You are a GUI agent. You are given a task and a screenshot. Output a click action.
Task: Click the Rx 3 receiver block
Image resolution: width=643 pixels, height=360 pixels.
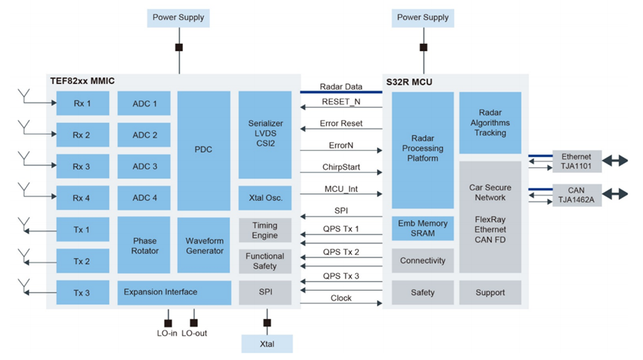pos(83,167)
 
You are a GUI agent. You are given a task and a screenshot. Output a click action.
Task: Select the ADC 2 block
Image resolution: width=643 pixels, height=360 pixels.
pos(144,135)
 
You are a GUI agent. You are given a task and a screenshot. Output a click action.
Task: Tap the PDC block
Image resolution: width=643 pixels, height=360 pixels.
pos(204,151)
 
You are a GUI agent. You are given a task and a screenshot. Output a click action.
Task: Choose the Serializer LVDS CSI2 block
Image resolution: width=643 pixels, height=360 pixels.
pos(265,135)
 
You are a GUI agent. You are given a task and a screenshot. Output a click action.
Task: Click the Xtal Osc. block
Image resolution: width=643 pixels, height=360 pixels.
pos(265,198)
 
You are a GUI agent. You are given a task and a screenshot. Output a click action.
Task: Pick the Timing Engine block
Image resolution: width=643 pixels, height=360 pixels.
pos(265,231)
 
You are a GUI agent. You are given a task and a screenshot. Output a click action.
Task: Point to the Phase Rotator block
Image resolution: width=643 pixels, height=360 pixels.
pos(144,245)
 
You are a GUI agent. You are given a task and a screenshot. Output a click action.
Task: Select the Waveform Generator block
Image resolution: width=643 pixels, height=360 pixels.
pos(204,245)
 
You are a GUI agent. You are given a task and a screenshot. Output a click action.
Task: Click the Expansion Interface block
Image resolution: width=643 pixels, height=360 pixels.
pos(174,292)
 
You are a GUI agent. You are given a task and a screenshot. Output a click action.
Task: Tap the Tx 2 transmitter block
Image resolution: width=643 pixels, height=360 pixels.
pos(83,261)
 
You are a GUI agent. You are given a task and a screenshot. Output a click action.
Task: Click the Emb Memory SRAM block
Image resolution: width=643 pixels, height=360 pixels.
pos(423,228)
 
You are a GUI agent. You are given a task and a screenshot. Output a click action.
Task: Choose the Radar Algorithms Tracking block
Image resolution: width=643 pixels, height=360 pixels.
pos(490,123)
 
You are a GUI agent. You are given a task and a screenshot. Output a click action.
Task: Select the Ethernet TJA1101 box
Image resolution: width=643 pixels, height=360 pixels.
pos(577,161)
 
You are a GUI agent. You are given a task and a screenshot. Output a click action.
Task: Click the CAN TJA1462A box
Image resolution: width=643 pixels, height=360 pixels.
pos(577,195)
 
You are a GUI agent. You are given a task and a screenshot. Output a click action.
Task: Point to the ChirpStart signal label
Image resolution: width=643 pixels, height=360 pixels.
pos(341,167)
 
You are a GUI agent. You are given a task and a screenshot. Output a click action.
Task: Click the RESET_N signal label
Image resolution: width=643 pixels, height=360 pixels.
pos(341,102)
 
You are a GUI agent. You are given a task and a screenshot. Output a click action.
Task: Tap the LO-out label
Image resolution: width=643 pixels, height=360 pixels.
pos(194,333)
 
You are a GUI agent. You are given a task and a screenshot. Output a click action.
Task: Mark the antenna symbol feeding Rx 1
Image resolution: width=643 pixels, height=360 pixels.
pos(25,97)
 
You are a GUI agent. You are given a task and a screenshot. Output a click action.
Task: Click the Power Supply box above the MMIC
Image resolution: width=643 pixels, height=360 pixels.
pos(178,18)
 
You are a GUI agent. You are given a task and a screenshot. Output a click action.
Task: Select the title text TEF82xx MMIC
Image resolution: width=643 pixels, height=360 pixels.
pos(83,81)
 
